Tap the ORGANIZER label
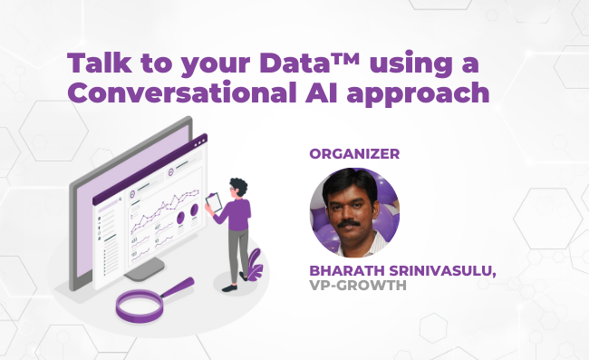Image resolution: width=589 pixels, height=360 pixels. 354,153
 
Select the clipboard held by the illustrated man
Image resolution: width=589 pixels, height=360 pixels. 215,205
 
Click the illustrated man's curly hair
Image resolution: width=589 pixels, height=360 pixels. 237,186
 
